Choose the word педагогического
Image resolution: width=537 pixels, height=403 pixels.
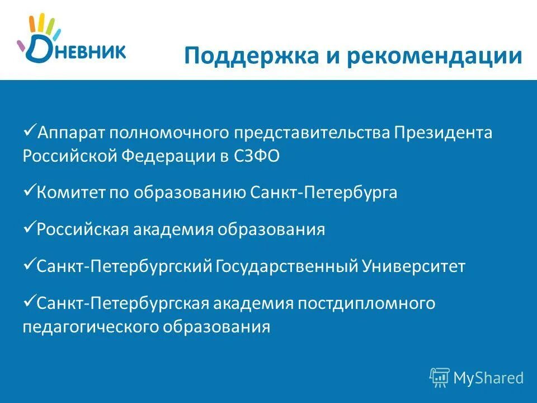click(90, 326)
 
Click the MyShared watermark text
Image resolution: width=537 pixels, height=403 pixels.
click(488, 378)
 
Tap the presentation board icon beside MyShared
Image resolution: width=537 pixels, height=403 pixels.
click(440, 378)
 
